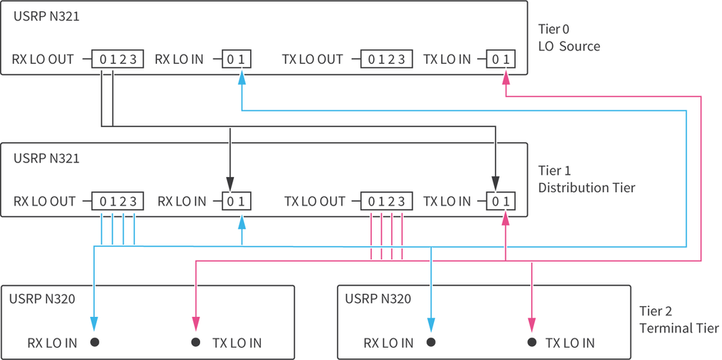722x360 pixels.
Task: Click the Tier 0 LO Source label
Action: coord(569,38)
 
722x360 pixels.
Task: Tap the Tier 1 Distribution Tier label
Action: coord(587,179)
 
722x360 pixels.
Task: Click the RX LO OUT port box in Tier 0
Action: coord(118,58)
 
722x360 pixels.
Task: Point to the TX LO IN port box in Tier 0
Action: coord(500,58)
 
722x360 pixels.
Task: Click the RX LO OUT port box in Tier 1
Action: coord(118,202)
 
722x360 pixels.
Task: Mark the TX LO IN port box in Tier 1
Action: coord(500,202)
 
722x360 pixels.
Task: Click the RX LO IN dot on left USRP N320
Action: coord(95,342)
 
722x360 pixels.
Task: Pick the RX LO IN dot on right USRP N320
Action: coord(431,342)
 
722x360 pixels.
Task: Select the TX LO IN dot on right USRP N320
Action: coord(531,342)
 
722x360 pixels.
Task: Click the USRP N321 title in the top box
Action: coord(46,15)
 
